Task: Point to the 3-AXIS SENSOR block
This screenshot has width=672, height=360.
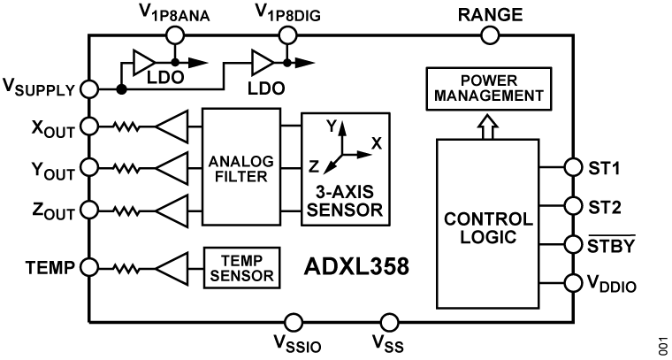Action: coord(345,167)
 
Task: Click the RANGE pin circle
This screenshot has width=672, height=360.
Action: coord(489,35)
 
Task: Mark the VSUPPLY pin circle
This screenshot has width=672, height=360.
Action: coord(88,88)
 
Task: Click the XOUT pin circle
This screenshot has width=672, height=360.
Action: coord(88,127)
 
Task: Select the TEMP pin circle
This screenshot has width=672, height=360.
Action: coord(88,265)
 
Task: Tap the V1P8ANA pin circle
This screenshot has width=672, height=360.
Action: coord(175,35)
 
